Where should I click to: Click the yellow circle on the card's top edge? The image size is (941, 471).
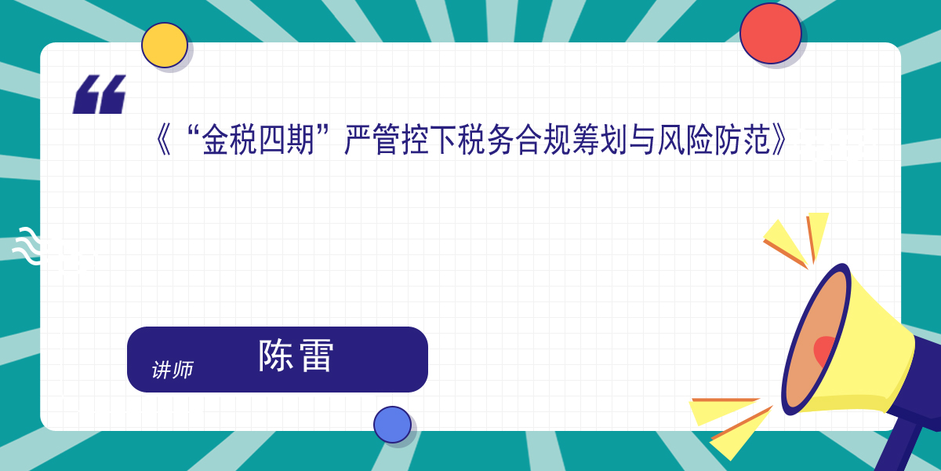164,45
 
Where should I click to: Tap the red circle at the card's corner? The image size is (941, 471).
770,33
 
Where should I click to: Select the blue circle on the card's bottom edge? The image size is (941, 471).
392,425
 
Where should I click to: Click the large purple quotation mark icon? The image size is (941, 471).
99,94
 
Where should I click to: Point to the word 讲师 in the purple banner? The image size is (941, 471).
173,370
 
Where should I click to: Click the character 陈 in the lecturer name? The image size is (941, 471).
275,356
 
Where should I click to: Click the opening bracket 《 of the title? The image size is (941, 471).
163,140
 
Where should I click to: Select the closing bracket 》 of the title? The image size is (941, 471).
779,140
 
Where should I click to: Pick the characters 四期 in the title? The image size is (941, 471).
286,140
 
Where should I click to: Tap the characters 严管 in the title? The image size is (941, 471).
372,140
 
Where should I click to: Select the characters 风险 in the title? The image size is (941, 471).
685,140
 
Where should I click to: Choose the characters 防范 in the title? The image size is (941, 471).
742,140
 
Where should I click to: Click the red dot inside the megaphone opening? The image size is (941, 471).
824,352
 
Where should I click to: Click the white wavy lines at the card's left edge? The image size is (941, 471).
27,246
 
